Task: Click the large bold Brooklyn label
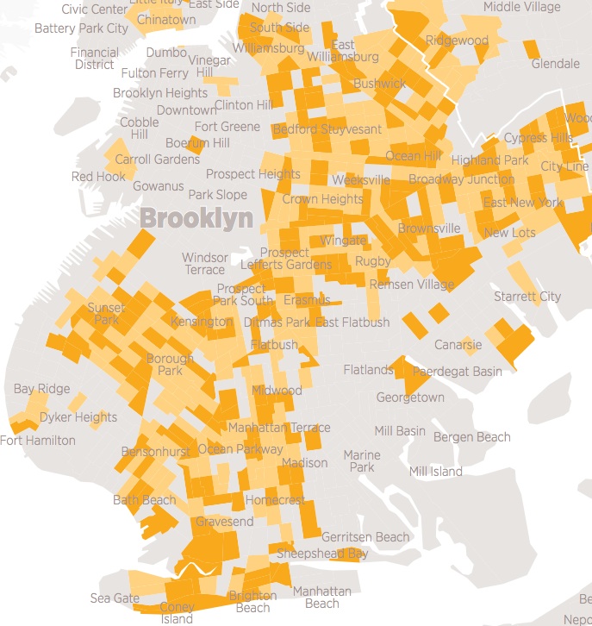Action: point(196,217)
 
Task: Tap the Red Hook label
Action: point(98,177)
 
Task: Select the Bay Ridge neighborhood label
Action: point(41,390)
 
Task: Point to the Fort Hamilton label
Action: point(37,440)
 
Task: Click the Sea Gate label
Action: point(114,598)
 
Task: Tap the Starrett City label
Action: point(527,297)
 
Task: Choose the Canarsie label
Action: point(458,345)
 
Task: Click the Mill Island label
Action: point(435,471)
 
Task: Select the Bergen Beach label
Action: point(471,437)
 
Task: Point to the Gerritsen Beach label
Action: point(365,537)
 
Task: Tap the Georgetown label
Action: point(410,398)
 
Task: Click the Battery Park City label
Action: point(81,28)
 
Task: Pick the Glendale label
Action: point(555,64)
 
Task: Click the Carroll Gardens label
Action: point(157,160)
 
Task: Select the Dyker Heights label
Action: point(78,417)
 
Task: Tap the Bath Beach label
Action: point(144,500)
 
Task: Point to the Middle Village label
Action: point(521,7)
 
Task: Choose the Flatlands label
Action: point(368,370)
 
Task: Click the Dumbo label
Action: point(166,53)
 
